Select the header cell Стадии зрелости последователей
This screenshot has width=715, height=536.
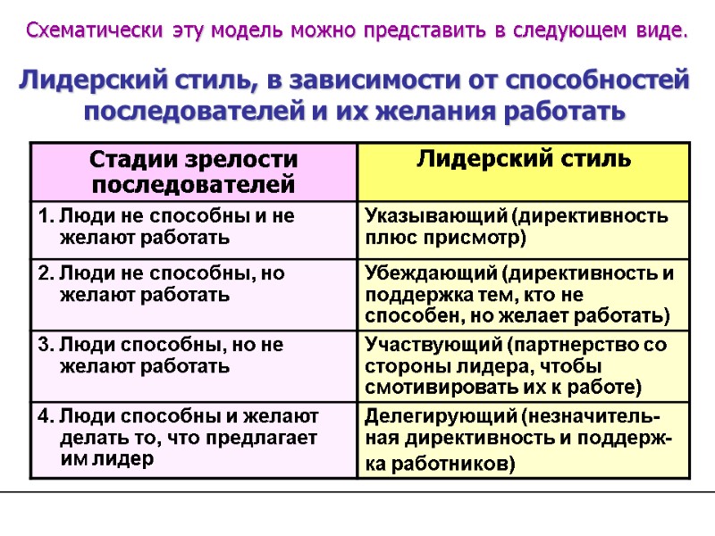pyautogui.click(x=193, y=172)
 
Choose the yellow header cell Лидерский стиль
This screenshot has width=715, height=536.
pyautogui.click(x=524, y=160)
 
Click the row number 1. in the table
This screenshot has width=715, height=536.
pyautogui.click(x=46, y=216)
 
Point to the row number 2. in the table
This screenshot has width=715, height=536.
pyautogui.click(x=46, y=274)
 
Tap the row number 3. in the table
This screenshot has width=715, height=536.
pyautogui.click(x=46, y=345)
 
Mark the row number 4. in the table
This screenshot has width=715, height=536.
pyautogui.click(x=46, y=415)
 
